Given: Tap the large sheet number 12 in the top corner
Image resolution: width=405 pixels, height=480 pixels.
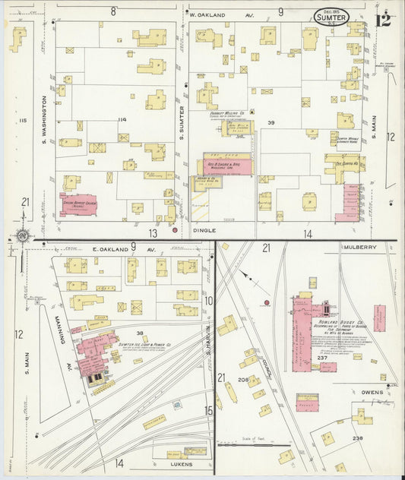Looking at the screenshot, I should click(384, 18).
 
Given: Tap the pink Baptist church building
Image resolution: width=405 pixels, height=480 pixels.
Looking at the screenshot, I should click(78, 204).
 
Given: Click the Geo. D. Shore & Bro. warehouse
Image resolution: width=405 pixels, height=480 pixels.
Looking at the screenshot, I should click(226, 164).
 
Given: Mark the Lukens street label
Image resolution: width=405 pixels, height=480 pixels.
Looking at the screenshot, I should click(182, 463).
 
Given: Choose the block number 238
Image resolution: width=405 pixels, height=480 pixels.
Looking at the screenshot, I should click(356, 438).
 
